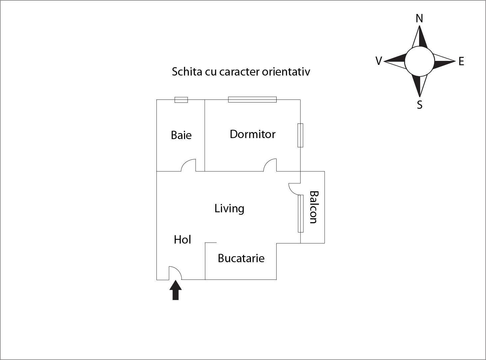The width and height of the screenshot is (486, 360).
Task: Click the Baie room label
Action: pyautogui.click(x=181, y=135)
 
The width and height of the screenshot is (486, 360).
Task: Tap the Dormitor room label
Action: pyautogui.click(x=253, y=134)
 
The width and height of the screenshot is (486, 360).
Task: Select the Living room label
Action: pyautogui.click(x=229, y=209)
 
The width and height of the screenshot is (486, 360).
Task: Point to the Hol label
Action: pyautogui.click(x=182, y=240)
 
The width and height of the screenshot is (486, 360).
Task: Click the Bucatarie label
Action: pyautogui.click(x=241, y=258)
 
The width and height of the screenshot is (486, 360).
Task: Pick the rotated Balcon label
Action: pyautogui.click(x=314, y=207)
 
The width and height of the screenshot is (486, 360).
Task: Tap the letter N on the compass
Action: pyautogui.click(x=419, y=19)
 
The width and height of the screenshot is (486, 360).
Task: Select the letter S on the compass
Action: pyautogui.click(x=420, y=105)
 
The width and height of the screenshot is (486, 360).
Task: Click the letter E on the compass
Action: pyautogui.click(x=461, y=62)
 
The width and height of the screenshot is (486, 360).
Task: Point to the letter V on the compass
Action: pyautogui.click(x=378, y=61)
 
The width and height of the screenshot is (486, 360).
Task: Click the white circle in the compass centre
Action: pyautogui.click(x=419, y=61)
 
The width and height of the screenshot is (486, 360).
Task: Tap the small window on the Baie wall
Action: pyautogui.click(x=181, y=100)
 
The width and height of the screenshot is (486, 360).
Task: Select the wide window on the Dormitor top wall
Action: pyautogui.click(x=252, y=99)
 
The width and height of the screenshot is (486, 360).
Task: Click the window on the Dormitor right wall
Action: pyautogui.click(x=300, y=135)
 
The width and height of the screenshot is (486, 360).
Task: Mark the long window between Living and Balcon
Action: pyautogui.click(x=301, y=214)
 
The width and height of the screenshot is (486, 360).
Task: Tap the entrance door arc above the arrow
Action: pyautogui.click(x=175, y=272)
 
